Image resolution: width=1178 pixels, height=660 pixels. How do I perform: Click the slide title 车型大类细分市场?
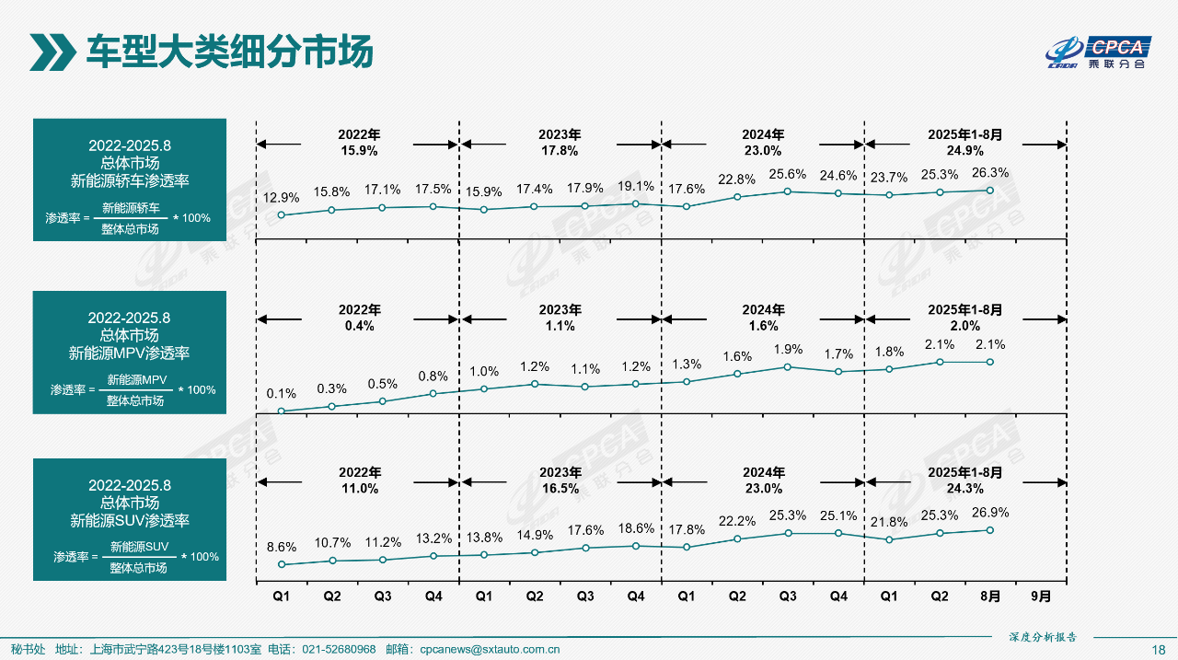pos(229,52)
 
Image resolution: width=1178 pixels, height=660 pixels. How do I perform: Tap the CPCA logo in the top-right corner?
pos(1100,52)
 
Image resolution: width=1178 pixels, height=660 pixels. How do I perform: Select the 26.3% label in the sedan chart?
pos(990,172)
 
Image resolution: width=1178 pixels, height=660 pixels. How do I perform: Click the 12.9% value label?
pos(282,197)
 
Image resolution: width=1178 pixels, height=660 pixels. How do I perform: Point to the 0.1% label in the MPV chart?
pos(282,393)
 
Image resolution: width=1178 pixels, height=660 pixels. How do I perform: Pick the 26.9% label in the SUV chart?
pos(990,512)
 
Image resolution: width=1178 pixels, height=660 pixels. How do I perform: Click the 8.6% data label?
pos(282,547)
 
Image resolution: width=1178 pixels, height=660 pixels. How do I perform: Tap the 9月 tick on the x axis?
pos(1041,596)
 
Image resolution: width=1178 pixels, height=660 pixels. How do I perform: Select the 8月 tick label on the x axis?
pos(990,596)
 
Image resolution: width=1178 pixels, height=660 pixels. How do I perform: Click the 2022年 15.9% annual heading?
pos(359,143)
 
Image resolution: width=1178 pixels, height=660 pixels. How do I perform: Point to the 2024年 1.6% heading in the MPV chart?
pos(764,318)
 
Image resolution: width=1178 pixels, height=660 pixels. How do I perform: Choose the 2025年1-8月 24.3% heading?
pos(964,481)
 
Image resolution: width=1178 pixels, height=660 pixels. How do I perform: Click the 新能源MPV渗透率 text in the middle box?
pos(130,353)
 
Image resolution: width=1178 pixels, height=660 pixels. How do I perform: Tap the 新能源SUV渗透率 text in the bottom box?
pos(130,521)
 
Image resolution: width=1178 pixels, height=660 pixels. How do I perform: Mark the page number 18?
pos(1159,649)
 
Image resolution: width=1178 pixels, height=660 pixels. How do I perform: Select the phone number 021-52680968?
pos(339,649)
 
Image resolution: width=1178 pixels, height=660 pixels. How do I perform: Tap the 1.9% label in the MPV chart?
pos(788,349)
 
